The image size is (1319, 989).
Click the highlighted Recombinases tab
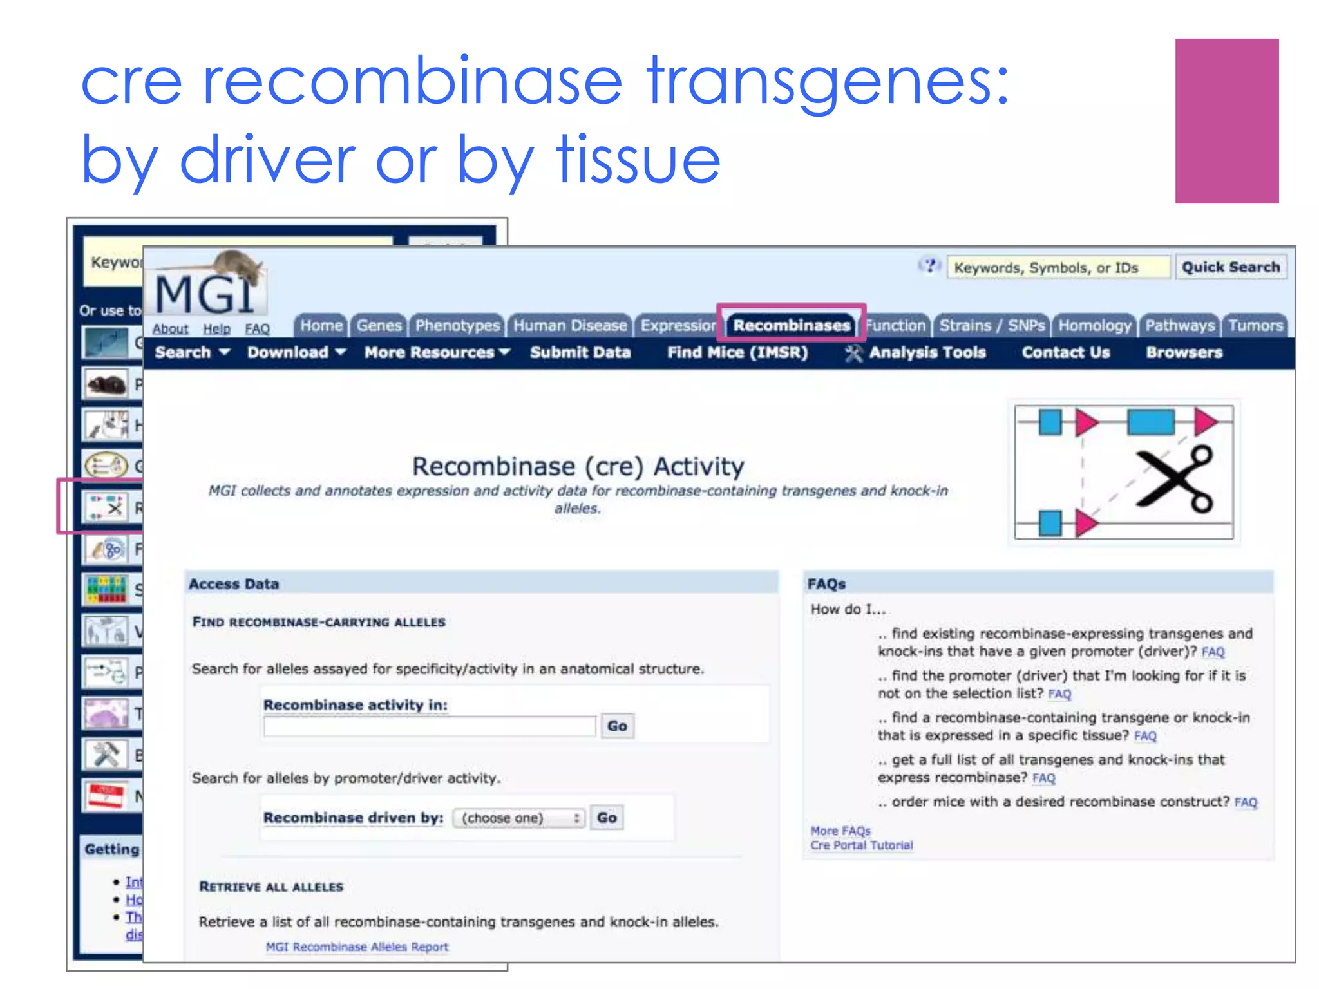pos(791,325)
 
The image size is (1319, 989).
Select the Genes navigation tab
pos(379,325)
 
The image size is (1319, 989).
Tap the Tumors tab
pos(1255,325)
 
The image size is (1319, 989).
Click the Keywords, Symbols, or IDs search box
pos(1058,267)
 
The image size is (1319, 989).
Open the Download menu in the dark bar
pos(296,352)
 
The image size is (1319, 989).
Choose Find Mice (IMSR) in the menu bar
pos(737,352)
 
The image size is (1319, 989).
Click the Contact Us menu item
pos(1065,352)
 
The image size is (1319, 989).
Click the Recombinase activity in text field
pos(430,726)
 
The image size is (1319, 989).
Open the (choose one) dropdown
pos(519,818)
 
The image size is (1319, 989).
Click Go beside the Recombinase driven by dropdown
pos(607,818)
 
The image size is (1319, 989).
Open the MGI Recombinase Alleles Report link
pos(357,947)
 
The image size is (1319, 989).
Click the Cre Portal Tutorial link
pos(861,845)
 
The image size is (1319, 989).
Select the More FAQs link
pos(840,831)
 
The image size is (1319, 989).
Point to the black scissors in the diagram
pos(1175,480)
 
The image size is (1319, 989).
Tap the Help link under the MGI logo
pos(216,329)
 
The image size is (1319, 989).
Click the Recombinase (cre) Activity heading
pos(578,466)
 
